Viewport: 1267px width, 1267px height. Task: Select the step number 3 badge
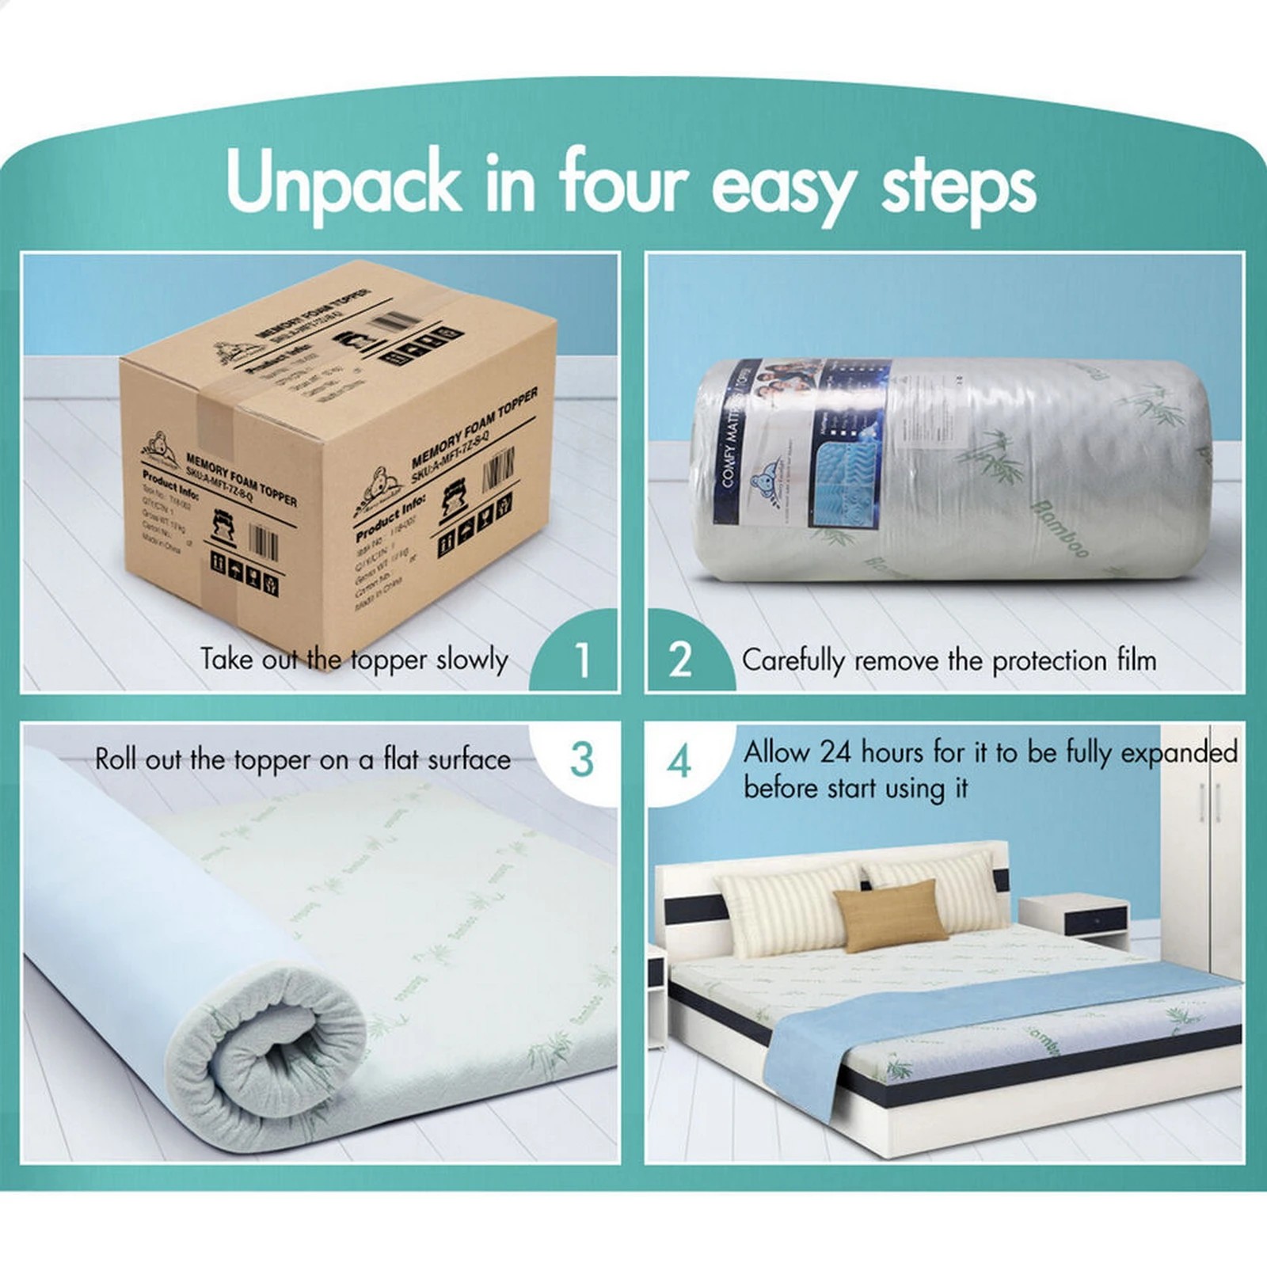581,759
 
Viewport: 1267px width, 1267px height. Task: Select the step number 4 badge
679,762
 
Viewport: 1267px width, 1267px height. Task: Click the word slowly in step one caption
472,659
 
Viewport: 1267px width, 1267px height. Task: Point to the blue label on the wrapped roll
800,443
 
